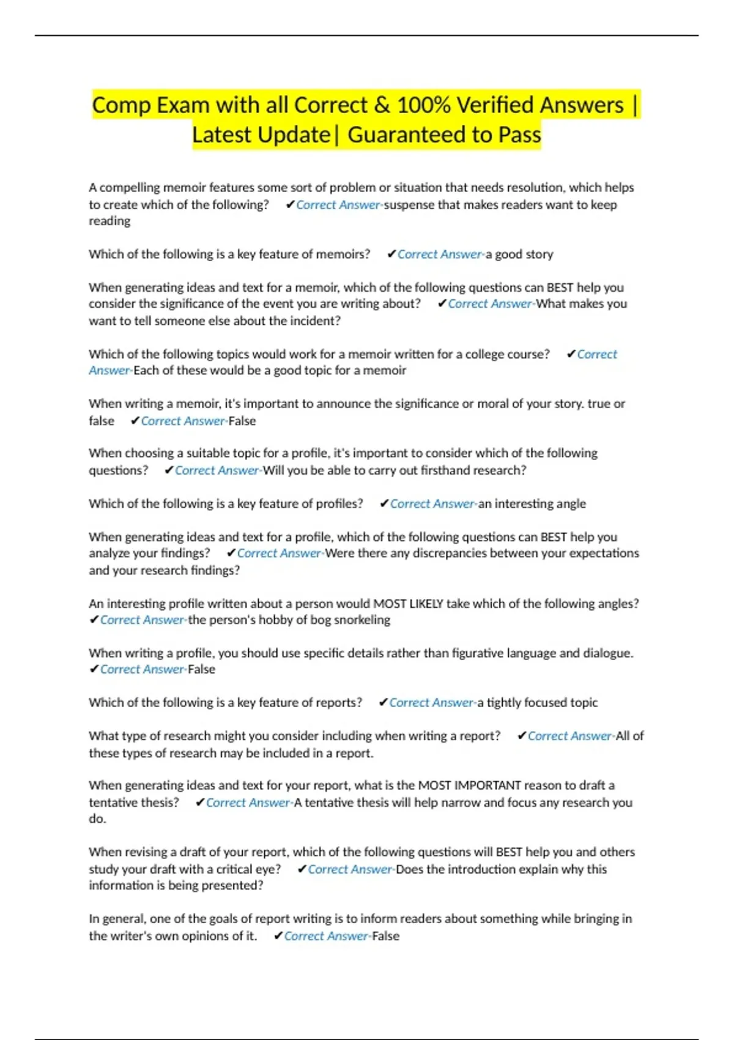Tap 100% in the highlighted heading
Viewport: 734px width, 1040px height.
click(423, 105)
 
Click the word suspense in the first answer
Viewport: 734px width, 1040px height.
click(408, 205)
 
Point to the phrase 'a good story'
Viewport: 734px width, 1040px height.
click(519, 254)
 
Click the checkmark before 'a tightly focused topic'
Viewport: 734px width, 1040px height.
click(383, 702)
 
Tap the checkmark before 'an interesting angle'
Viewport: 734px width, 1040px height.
click(384, 503)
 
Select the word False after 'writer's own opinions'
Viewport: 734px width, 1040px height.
click(385, 936)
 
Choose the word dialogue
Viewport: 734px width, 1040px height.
click(606, 653)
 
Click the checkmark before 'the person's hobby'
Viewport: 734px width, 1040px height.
click(94, 620)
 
